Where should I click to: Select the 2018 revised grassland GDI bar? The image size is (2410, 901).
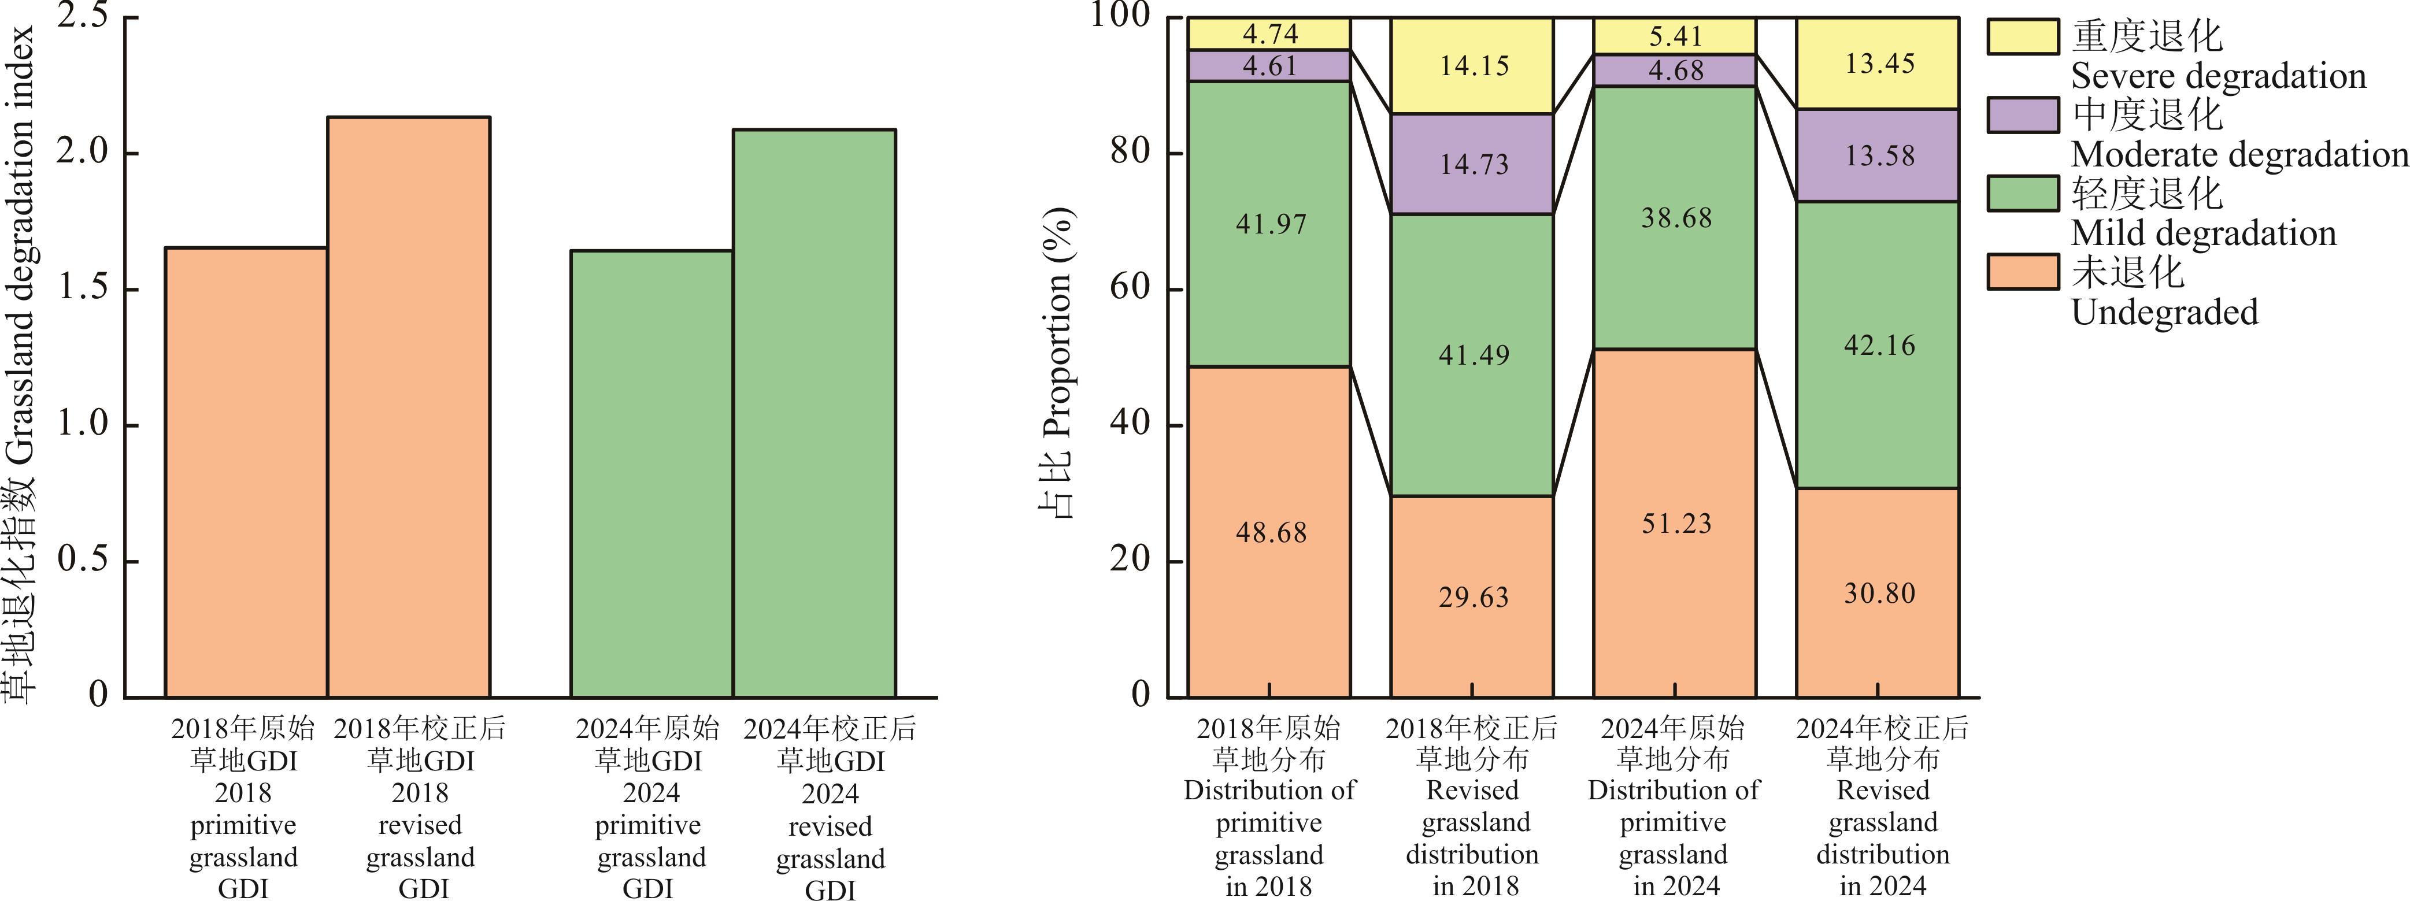pyautogui.click(x=408, y=407)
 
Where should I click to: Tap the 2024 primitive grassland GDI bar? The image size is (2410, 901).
pyautogui.click(x=651, y=473)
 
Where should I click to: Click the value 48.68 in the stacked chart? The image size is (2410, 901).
pyautogui.click(x=1271, y=532)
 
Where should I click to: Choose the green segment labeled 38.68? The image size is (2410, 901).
pyautogui.click(x=1676, y=218)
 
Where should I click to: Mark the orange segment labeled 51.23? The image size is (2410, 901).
pyautogui.click(x=1676, y=523)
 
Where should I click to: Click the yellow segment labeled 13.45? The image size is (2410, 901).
pyautogui.click(x=1879, y=64)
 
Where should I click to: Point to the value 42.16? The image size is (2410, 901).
pyautogui.click(x=1879, y=345)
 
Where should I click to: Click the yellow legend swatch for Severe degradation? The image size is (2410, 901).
pyautogui.click(x=2023, y=36)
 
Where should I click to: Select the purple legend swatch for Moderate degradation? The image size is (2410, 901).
pyautogui.click(x=2023, y=115)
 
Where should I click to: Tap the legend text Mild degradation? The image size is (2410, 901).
pyautogui.click(x=2203, y=233)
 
